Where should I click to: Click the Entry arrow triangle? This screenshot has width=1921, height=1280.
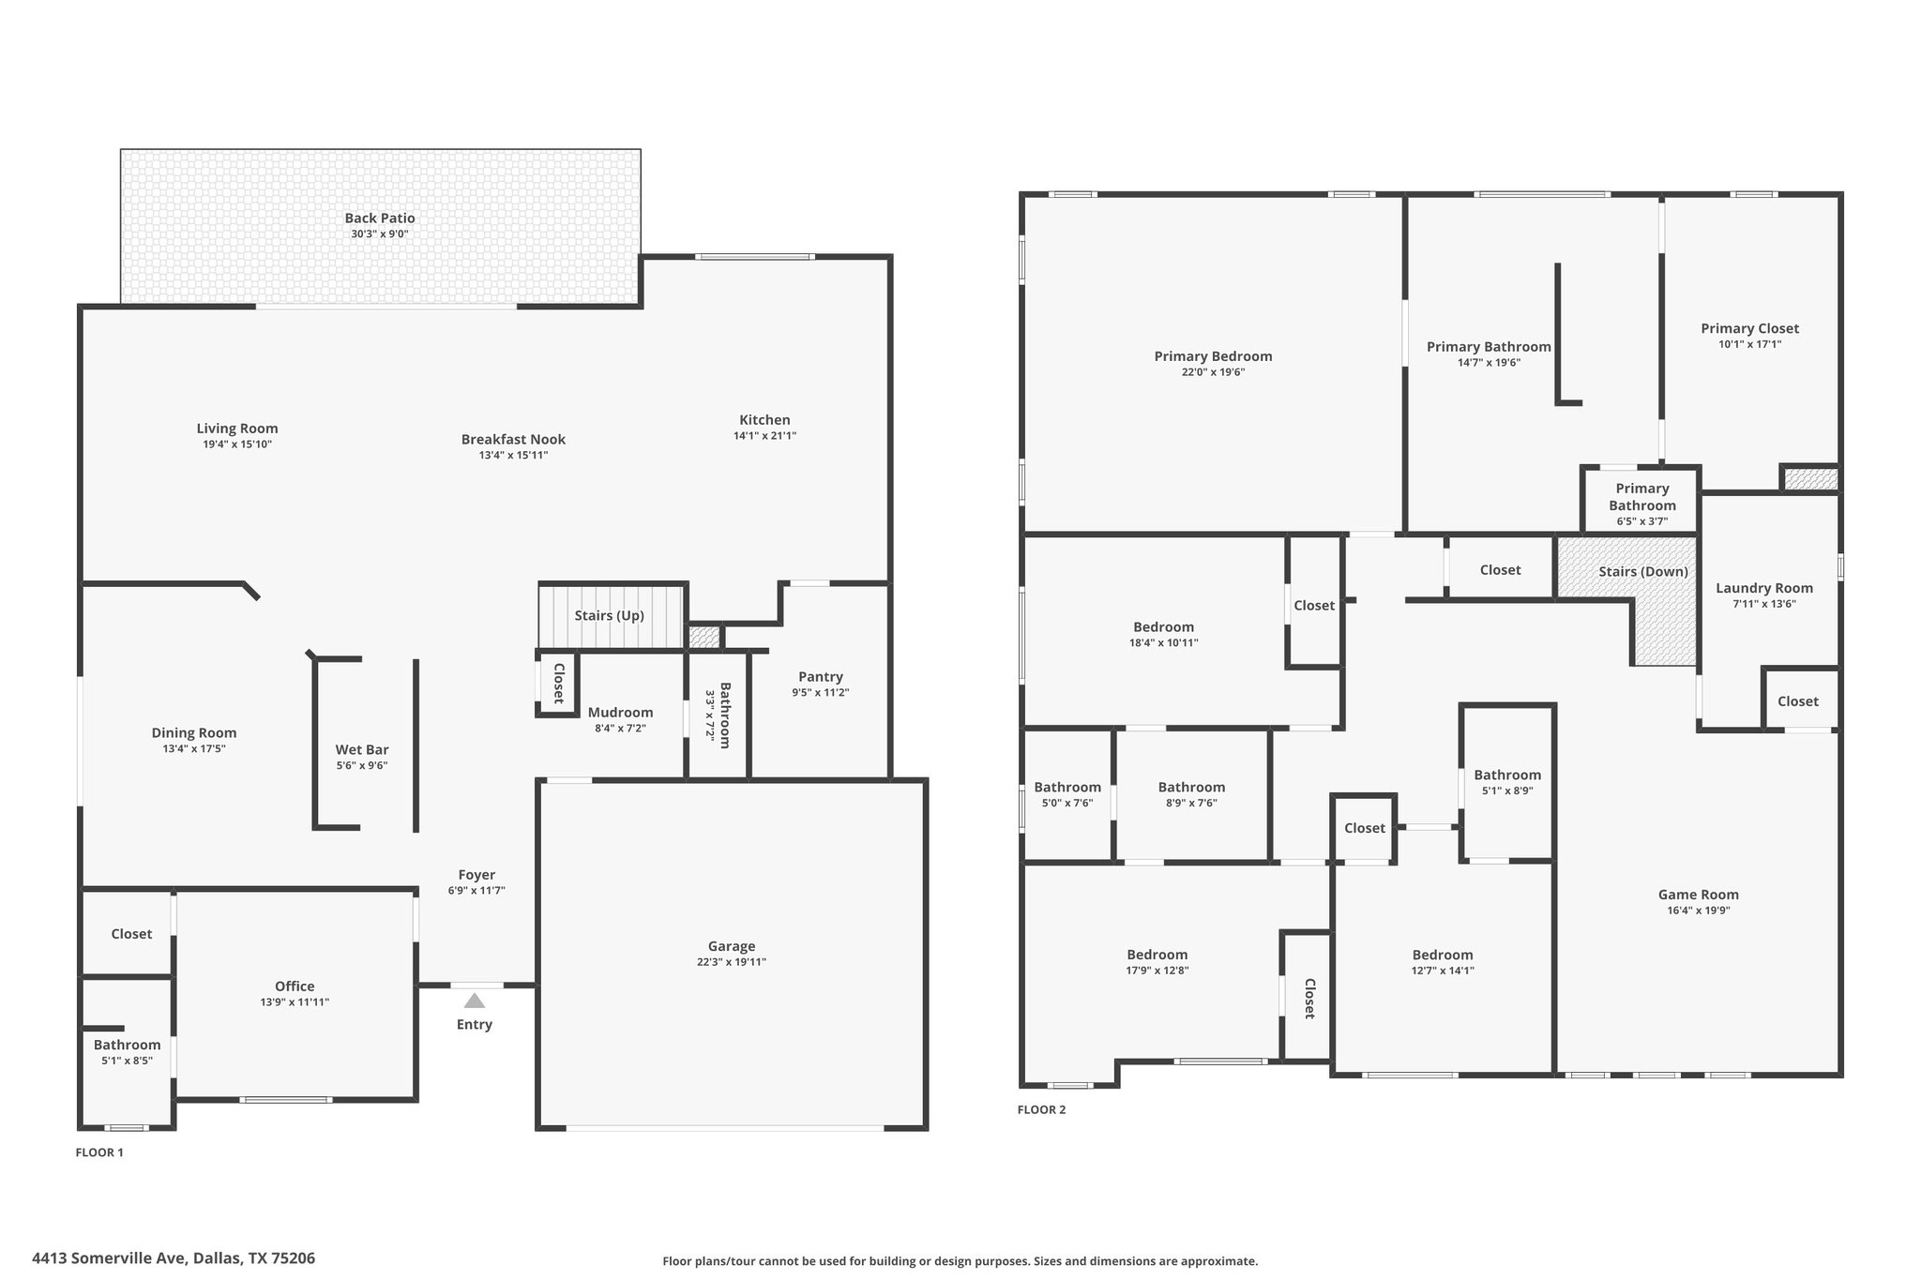475,1001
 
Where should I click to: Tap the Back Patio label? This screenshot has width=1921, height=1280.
380,218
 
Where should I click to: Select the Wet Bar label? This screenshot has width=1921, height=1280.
362,749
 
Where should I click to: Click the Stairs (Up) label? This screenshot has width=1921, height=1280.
610,616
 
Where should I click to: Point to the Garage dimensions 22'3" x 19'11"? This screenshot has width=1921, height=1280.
732,962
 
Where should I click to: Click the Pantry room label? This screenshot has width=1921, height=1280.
821,677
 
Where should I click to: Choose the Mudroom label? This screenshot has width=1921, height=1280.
620,713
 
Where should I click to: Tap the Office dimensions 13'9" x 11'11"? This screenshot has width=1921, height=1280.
295,1002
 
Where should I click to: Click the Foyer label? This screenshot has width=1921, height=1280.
476,875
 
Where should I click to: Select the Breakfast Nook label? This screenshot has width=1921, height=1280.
513,440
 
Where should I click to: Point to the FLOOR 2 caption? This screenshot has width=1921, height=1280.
1041,1110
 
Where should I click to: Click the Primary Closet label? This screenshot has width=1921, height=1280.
1750,329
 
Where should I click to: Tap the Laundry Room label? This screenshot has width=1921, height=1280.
1764,589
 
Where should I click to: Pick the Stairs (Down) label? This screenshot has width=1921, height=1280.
1643,572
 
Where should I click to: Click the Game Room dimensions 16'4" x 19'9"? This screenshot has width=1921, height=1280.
1699,911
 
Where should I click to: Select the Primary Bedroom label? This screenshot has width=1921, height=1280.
1213,356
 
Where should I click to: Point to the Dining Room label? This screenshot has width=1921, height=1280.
194,733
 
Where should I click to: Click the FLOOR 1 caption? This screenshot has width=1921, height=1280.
99,1153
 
